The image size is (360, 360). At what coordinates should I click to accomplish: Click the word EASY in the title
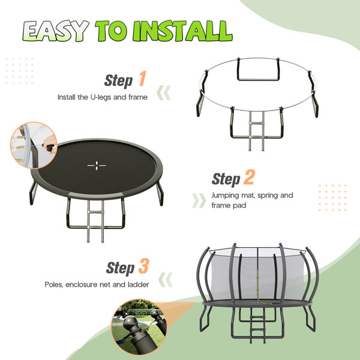click(56, 31)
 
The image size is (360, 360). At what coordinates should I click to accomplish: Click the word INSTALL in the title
click(183, 31)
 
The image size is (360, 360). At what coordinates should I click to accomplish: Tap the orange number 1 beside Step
click(143, 79)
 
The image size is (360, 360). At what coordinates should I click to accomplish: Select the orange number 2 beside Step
click(249, 177)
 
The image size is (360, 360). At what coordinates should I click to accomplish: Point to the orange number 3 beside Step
click(144, 266)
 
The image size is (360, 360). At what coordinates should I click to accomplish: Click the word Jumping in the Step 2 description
click(225, 196)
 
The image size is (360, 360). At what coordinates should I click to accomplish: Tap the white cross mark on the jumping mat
click(97, 166)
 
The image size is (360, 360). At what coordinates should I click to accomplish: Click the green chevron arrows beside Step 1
click(164, 93)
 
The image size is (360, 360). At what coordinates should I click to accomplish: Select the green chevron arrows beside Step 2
click(199, 200)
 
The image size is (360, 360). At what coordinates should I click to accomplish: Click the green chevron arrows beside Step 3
click(166, 280)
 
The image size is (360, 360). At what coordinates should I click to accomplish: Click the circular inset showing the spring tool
click(34, 145)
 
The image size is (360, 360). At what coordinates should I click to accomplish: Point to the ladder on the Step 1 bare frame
click(256, 131)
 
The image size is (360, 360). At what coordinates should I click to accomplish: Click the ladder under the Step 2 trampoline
click(95, 221)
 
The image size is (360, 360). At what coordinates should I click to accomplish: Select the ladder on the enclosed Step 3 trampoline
click(257, 326)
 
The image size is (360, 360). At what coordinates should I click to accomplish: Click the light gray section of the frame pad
click(96, 196)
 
